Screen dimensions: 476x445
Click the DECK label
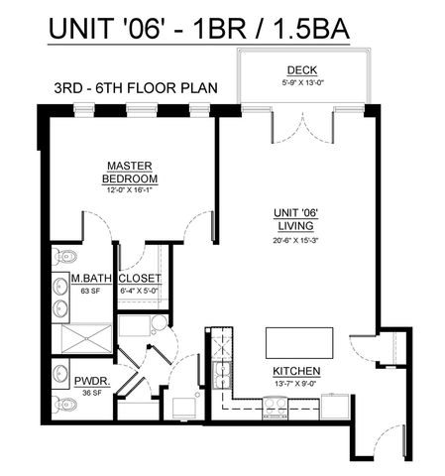(301, 69)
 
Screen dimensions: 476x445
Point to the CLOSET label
(140, 279)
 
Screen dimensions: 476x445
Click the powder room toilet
(65, 404)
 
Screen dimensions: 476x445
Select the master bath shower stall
(81, 340)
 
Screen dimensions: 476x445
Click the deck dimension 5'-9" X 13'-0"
(301, 81)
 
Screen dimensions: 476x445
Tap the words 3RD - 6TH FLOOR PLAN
(134, 87)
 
